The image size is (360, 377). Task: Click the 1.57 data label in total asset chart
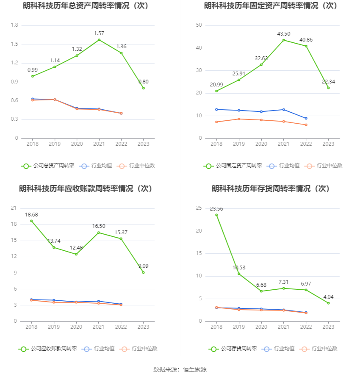[x=99, y=33]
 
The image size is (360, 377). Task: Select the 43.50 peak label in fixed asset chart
[x=283, y=33]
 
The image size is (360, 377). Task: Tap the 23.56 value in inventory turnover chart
[x=216, y=208]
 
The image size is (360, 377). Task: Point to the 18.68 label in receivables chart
[x=31, y=214]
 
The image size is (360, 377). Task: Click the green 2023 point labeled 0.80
[x=144, y=88]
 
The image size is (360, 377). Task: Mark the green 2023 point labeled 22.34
[x=328, y=88]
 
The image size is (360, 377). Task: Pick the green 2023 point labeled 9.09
[x=144, y=272]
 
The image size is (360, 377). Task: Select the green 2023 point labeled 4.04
[x=328, y=303]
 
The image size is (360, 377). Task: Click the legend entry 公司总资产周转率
[x=47, y=166]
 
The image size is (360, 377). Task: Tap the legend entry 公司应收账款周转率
[x=47, y=349]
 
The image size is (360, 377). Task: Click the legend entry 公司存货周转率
[x=233, y=349]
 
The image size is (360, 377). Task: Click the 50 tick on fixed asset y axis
[x=199, y=25]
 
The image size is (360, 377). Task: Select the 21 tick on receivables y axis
[x=14, y=208]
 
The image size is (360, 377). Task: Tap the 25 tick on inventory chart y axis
[x=199, y=208]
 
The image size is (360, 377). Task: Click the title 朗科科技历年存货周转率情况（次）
[x=271, y=188]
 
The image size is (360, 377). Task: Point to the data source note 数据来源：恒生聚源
[x=180, y=369]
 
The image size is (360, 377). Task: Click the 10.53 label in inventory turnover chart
[x=239, y=268]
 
